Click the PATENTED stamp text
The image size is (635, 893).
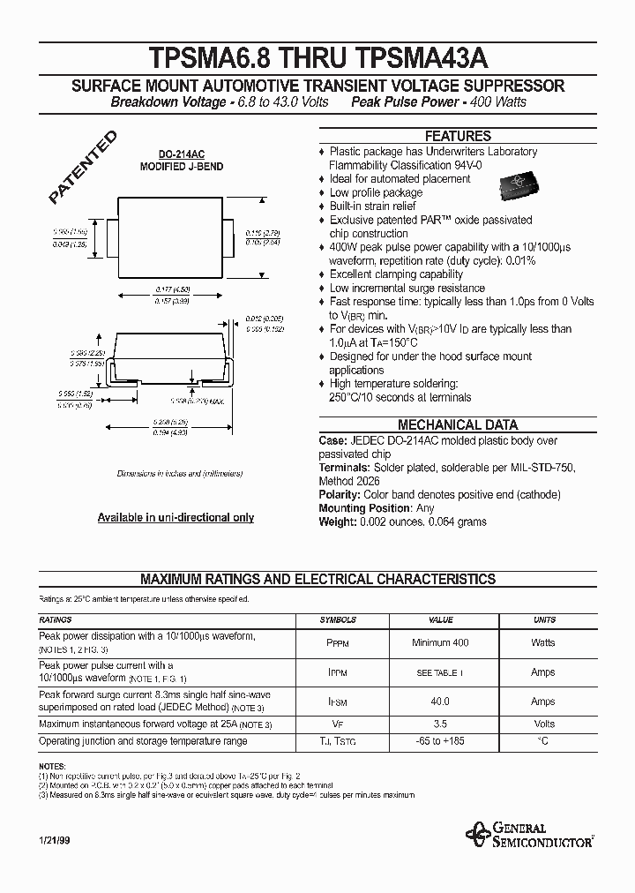tap(82, 169)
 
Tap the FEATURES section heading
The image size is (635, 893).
tap(458, 136)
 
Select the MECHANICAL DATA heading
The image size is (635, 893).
tap(458, 424)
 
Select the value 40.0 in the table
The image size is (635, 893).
tap(440, 702)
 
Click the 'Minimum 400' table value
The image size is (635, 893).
tap(440, 642)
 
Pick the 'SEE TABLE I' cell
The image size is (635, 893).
tap(440, 672)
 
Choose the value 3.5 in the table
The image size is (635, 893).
tap(440, 724)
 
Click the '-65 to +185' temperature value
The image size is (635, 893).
tap(440, 741)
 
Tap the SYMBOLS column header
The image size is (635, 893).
tap(338, 620)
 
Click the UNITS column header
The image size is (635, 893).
tap(543, 620)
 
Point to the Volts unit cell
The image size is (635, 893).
tap(543, 724)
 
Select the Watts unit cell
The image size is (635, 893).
tap(543, 642)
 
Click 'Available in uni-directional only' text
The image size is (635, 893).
tap(176, 518)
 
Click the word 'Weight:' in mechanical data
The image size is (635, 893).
tap(338, 522)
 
